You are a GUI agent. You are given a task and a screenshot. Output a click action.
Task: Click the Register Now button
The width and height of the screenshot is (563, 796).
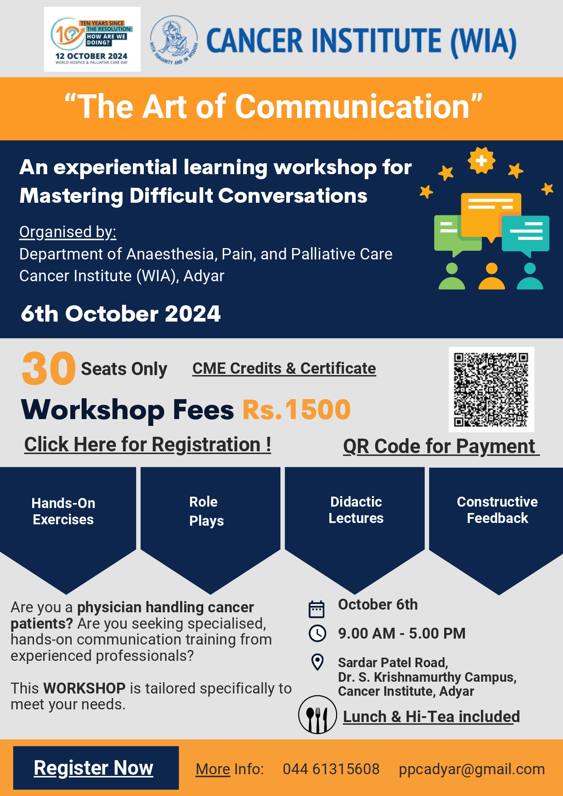click(96, 768)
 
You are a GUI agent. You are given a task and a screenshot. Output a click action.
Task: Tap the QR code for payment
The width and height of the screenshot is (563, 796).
click(491, 390)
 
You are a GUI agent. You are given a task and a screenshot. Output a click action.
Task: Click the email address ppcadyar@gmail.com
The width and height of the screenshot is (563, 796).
click(472, 769)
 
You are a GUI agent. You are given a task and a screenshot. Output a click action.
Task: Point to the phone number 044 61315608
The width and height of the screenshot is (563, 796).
click(331, 769)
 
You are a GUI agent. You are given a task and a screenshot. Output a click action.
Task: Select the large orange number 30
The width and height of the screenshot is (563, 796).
click(49, 368)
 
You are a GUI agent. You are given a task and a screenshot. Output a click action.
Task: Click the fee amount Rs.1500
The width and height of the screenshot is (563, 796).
click(297, 410)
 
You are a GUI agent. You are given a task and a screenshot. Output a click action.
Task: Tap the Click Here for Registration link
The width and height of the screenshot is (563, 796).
click(148, 445)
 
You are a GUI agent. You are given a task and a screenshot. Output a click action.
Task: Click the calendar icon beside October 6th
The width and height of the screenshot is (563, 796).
click(317, 609)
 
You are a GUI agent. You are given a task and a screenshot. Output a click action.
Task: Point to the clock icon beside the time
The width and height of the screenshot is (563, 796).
click(317, 633)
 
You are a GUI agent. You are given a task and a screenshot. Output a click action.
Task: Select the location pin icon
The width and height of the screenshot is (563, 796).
click(318, 662)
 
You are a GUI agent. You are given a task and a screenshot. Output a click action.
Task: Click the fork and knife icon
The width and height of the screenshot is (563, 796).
click(318, 715)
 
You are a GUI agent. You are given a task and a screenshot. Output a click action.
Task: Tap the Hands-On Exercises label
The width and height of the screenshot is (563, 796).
click(64, 511)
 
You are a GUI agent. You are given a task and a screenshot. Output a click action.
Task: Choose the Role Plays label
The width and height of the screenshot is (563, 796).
click(206, 511)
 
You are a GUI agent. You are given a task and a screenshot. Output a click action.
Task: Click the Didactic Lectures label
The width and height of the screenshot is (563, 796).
click(356, 510)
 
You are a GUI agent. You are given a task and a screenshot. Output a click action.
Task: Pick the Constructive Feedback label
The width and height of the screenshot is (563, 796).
click(497, 510)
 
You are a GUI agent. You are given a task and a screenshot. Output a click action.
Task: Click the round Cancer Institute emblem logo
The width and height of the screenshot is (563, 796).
click(174, 40)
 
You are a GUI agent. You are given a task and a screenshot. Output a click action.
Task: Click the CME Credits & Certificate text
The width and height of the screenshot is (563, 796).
click(284, 368)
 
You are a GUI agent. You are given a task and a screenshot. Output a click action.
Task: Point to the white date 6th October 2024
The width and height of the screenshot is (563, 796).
click(121, 314)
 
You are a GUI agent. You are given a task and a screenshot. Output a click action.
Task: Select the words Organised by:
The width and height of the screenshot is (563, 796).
click(68, 232)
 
